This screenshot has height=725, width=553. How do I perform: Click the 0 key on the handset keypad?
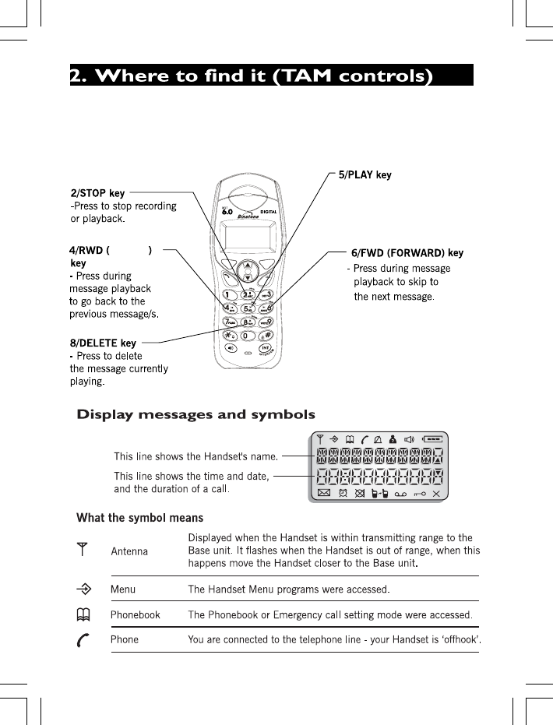coord(248,336)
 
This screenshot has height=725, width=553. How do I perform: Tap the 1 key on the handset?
coord(228,295)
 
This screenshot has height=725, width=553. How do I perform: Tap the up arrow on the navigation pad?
coord(247,264)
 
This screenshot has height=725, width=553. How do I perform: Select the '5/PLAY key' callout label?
coord(365,175)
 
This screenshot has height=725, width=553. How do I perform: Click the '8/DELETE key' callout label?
coord(103,343)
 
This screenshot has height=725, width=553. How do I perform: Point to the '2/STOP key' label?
coord(97,193)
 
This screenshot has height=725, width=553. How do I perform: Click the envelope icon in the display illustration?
coord(323,493)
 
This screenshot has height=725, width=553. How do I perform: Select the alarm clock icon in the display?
coord(343,493)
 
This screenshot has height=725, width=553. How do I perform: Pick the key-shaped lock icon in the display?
coord(420,493)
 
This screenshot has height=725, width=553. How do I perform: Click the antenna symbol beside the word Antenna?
coord(81,550)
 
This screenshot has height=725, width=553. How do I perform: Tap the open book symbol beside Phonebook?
coord(81,614)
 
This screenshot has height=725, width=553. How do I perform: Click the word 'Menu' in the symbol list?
coord(123,589)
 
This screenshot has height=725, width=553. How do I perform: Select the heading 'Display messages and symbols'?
coord(195,414)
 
